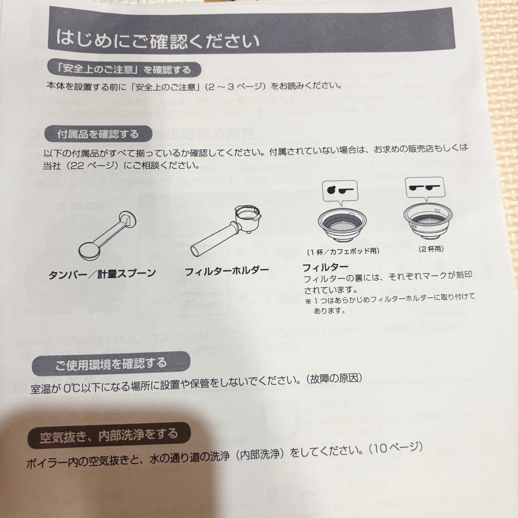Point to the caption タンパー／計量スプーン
102,274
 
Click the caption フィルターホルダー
227,271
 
